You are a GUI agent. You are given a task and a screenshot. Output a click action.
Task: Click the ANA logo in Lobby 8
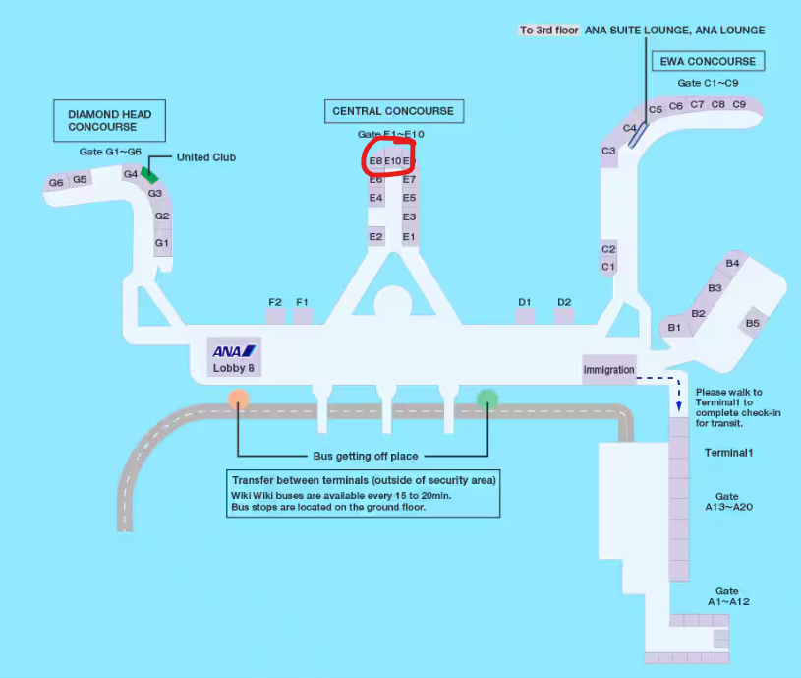tap(234, 351)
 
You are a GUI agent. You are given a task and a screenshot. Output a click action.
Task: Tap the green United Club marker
tap(148, 174)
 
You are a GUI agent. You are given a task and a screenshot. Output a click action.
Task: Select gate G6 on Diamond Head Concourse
tap(56, 182)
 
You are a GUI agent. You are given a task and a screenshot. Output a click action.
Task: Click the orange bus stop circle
tap(238, 399)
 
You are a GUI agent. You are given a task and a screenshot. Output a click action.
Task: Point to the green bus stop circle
tap(487, 399)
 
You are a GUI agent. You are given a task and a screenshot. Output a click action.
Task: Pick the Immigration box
tap(609, 370)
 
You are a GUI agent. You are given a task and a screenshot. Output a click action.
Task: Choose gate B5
tap(752, 323)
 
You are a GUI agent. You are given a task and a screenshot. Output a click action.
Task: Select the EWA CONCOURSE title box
tap(708, 61)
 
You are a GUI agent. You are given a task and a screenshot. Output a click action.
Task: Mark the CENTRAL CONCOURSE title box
tap(393, 111)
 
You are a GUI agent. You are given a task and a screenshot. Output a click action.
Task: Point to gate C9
tap(739, 104)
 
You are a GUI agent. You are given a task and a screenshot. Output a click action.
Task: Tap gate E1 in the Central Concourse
tap(410, 237)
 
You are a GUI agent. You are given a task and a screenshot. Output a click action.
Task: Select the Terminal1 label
tap(728, 453)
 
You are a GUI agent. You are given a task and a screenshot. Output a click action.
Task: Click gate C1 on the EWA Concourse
tap(608, 267)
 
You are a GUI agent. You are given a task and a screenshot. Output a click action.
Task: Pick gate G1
tap(162, 243)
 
